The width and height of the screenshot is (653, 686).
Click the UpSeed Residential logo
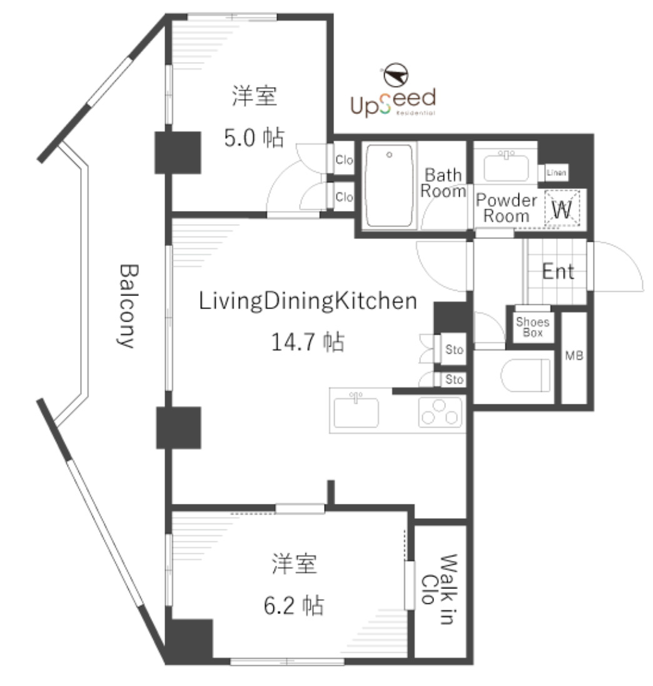pos(392,101)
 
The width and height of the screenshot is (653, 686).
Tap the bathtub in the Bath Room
pos(389,186)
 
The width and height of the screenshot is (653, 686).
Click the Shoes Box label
pos(532,327)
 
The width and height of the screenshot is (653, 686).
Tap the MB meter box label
pos(574,356)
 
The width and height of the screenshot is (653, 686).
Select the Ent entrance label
pos(557,272)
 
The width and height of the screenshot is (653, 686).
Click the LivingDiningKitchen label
pos(308,301)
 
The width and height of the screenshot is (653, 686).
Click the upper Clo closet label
pos(344,160)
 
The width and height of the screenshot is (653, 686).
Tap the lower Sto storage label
pos(454,379)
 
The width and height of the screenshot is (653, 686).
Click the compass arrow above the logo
pos(396,75)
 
